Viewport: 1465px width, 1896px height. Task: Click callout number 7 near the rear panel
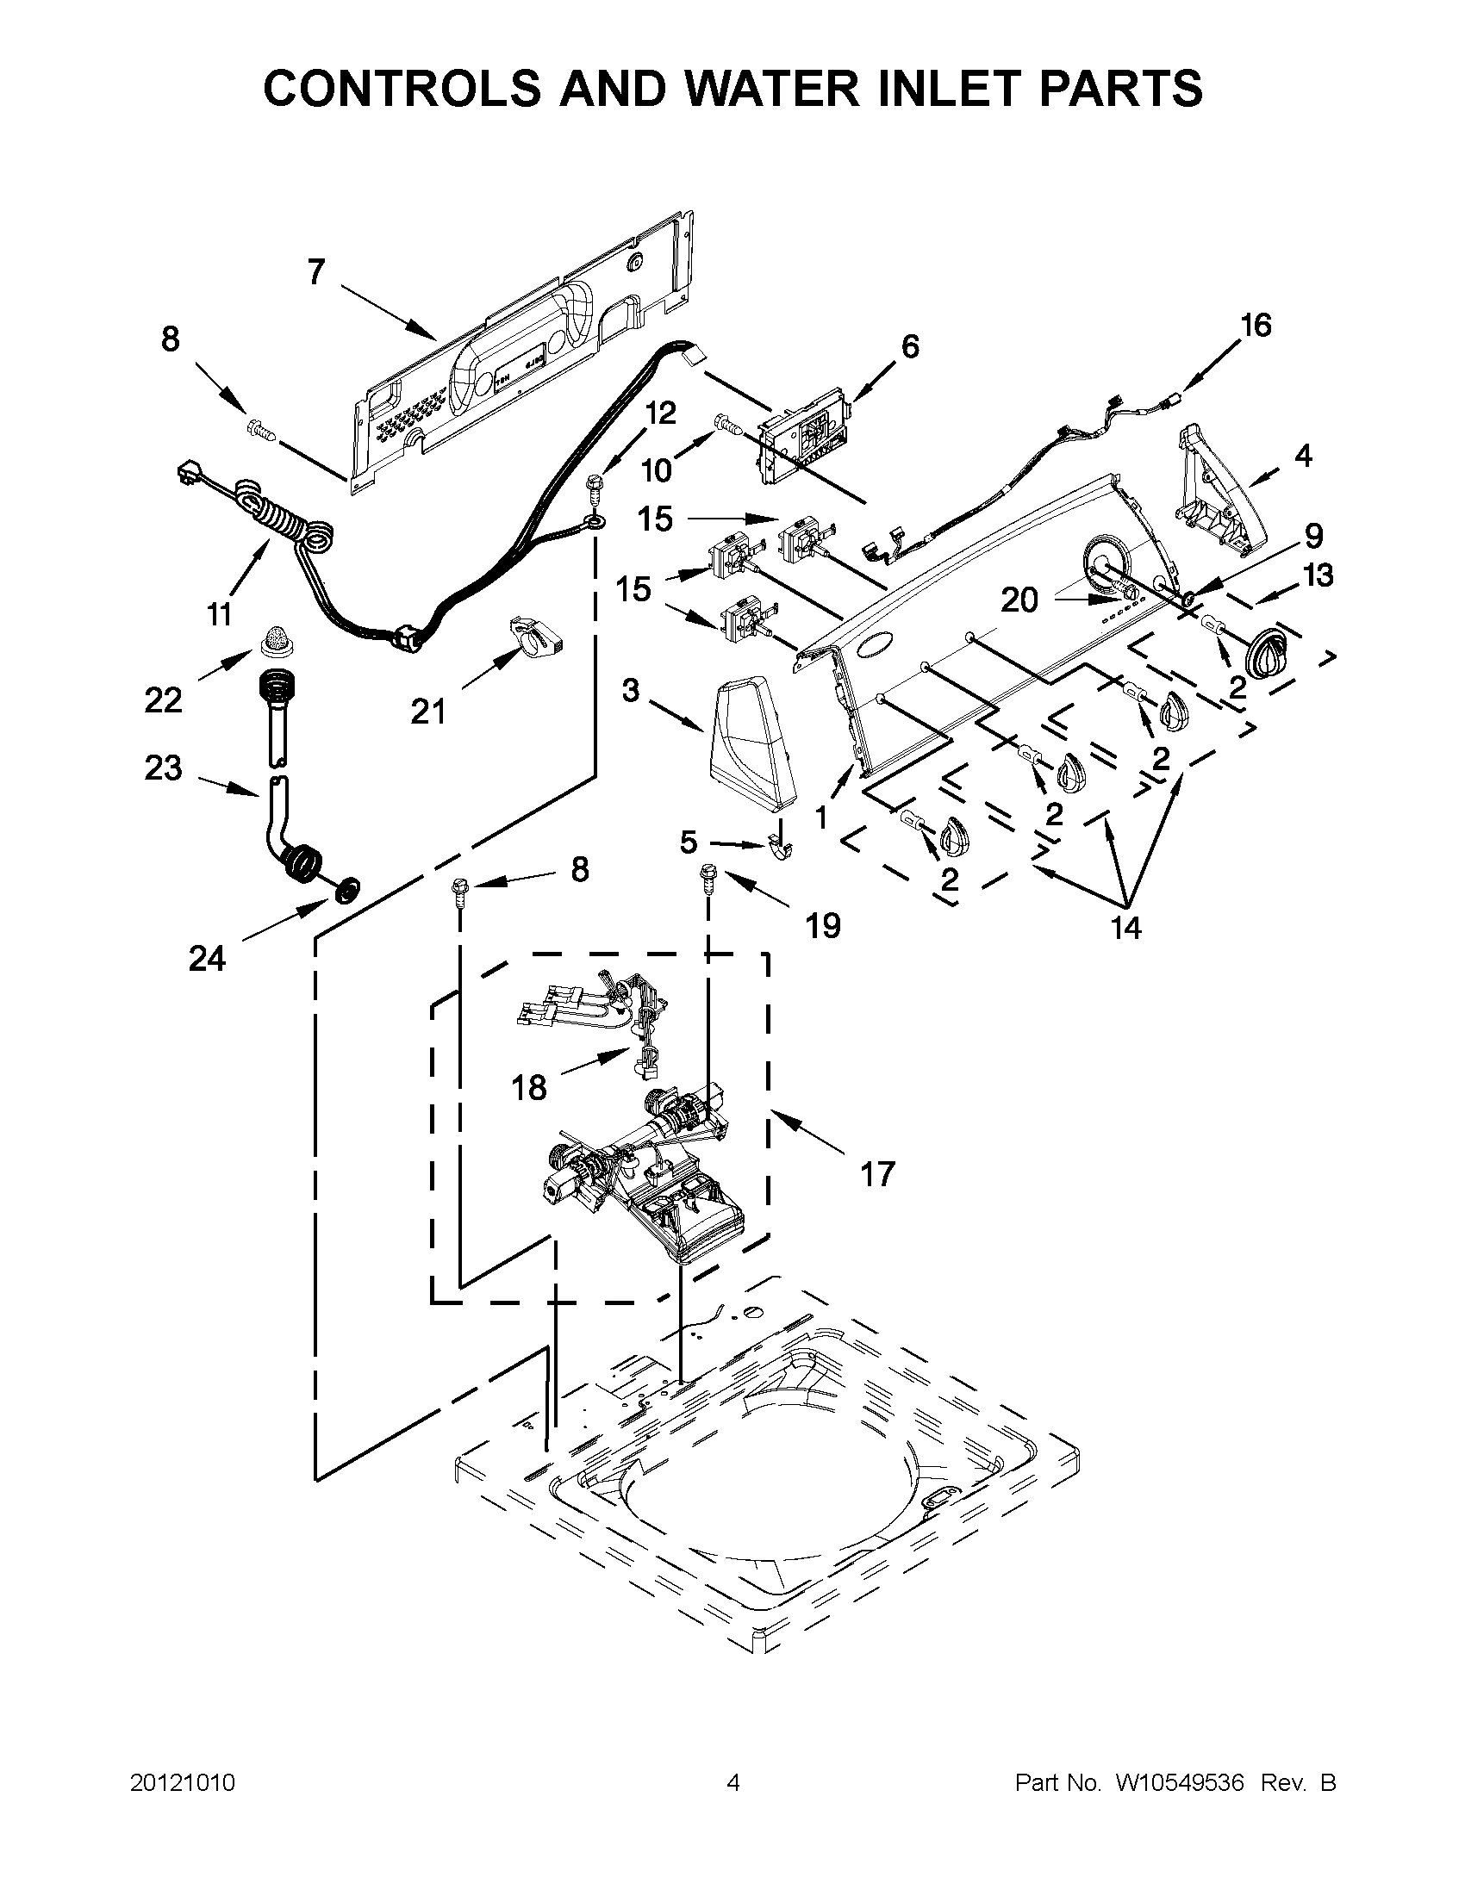[316, 271]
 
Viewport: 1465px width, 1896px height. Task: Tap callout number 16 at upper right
[1255, 326]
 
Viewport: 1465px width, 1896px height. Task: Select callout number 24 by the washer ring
[207, 959]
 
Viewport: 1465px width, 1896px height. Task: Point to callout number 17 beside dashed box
[877, 1174]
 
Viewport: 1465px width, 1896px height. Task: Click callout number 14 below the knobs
[1125, 928]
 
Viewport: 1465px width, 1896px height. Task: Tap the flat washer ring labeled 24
[349, 888]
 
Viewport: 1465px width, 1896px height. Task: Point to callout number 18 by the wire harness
[529, 1087]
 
